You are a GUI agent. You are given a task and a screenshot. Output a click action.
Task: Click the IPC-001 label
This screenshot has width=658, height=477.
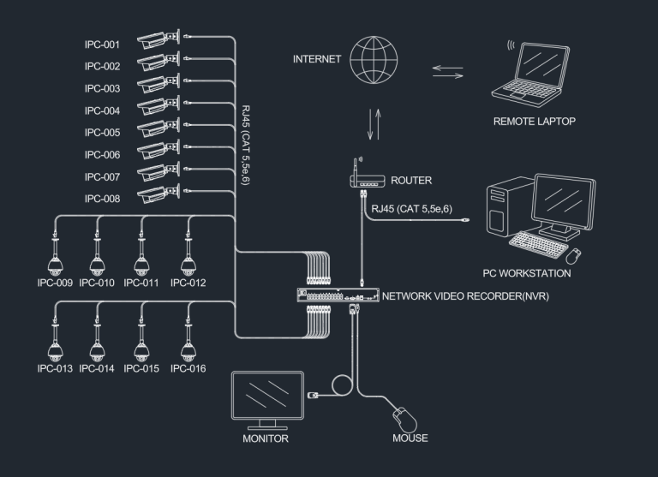click(x=102, y=45)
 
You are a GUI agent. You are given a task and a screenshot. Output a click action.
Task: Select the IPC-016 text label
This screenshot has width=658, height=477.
click(x=188, y=368)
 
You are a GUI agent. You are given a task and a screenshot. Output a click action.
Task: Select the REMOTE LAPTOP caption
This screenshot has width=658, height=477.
click(x=534, y=122)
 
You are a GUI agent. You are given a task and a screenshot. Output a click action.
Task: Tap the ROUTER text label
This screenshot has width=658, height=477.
click(x=411, y=182)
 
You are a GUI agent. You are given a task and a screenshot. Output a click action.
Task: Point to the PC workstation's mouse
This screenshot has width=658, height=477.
click(x=574, y=255)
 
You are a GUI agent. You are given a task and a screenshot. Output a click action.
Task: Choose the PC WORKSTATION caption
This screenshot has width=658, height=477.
click(x=526, y=274)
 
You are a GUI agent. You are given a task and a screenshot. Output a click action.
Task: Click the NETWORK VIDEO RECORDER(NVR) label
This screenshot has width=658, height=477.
click(x=465, y=295)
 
